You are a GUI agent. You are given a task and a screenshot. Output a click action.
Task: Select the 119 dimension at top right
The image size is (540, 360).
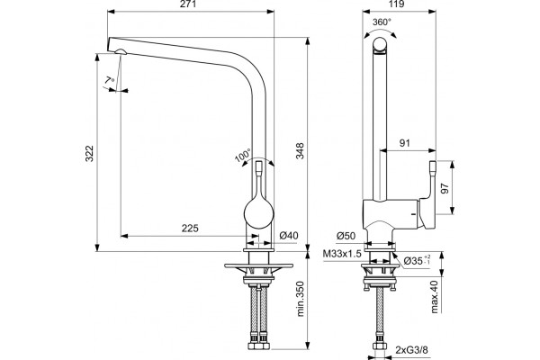tap(397, 4)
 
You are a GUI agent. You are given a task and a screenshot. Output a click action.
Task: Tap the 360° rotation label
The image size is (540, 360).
tap(382, 22)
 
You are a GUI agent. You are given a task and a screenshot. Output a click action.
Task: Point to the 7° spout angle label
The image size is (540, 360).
tap(110, 81)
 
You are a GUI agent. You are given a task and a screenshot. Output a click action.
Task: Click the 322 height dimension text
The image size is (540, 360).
tap(89, 154)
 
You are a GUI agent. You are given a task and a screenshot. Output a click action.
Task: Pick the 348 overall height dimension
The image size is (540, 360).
tap(301, 150)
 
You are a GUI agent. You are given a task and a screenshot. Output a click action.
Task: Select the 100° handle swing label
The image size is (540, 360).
tap(243, 155)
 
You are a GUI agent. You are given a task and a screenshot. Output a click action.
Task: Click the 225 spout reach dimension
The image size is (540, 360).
tap(190, 228)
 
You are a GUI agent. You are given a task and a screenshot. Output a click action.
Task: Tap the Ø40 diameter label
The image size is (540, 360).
tap(289, 236)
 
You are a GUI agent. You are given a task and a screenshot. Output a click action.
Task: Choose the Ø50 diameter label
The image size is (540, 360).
tap(346, 236)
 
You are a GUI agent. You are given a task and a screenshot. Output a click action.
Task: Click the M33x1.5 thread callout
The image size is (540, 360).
tap(342, 254)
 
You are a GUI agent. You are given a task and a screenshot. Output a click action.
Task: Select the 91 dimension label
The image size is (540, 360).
tap(405, 143)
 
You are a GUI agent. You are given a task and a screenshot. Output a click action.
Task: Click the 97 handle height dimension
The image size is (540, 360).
tap(445, 188)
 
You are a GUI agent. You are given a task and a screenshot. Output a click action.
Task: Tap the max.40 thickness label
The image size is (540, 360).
tap(435, 297)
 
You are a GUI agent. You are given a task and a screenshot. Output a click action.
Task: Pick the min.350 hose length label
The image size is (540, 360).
tap(301, 299)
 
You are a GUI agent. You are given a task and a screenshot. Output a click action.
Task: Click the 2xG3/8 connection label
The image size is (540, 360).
tap(411, 350)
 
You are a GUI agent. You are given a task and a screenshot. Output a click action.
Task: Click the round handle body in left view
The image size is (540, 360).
tap(258, 213)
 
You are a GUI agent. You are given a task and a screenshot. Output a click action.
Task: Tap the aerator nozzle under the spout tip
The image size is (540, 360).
tap(121, 52)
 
